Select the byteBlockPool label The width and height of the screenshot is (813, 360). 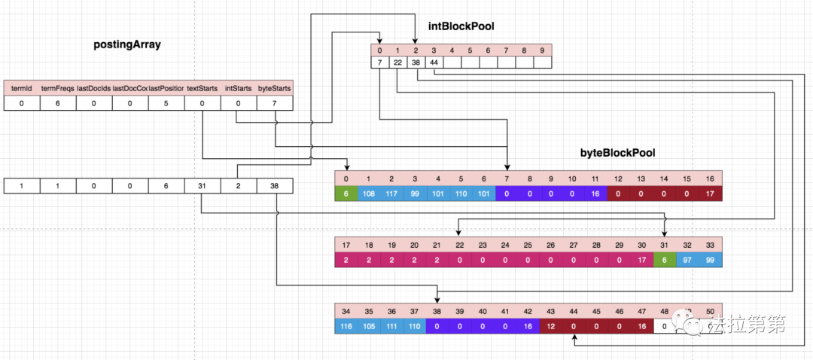point(617,152)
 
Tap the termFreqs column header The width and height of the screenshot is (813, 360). point(58,88)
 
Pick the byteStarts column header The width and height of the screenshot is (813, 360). point(275,88)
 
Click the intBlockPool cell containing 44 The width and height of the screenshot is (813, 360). point(434,62)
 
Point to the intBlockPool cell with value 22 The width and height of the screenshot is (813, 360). point(397,62)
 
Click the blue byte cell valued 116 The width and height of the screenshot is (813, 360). point(346,327)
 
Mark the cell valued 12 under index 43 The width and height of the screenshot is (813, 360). point(550,327)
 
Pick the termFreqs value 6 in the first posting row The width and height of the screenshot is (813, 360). point(58,104)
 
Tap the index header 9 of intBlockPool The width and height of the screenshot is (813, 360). point(542,50)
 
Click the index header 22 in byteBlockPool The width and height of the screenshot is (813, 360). point(459,245)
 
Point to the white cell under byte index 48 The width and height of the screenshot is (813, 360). point(664,327)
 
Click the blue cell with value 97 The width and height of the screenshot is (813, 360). point(687,261)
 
